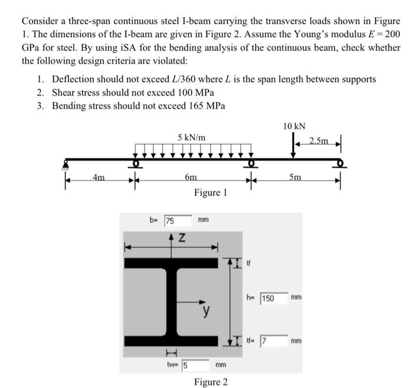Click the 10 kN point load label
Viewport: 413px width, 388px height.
[x=294, y=126]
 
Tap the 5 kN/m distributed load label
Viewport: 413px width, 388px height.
[x=192, y=138]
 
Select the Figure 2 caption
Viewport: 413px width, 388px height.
[x=211, y=382]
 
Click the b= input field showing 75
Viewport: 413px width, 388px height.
[x=177, y=221]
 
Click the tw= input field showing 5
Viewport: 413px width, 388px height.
[x=195, y=364]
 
